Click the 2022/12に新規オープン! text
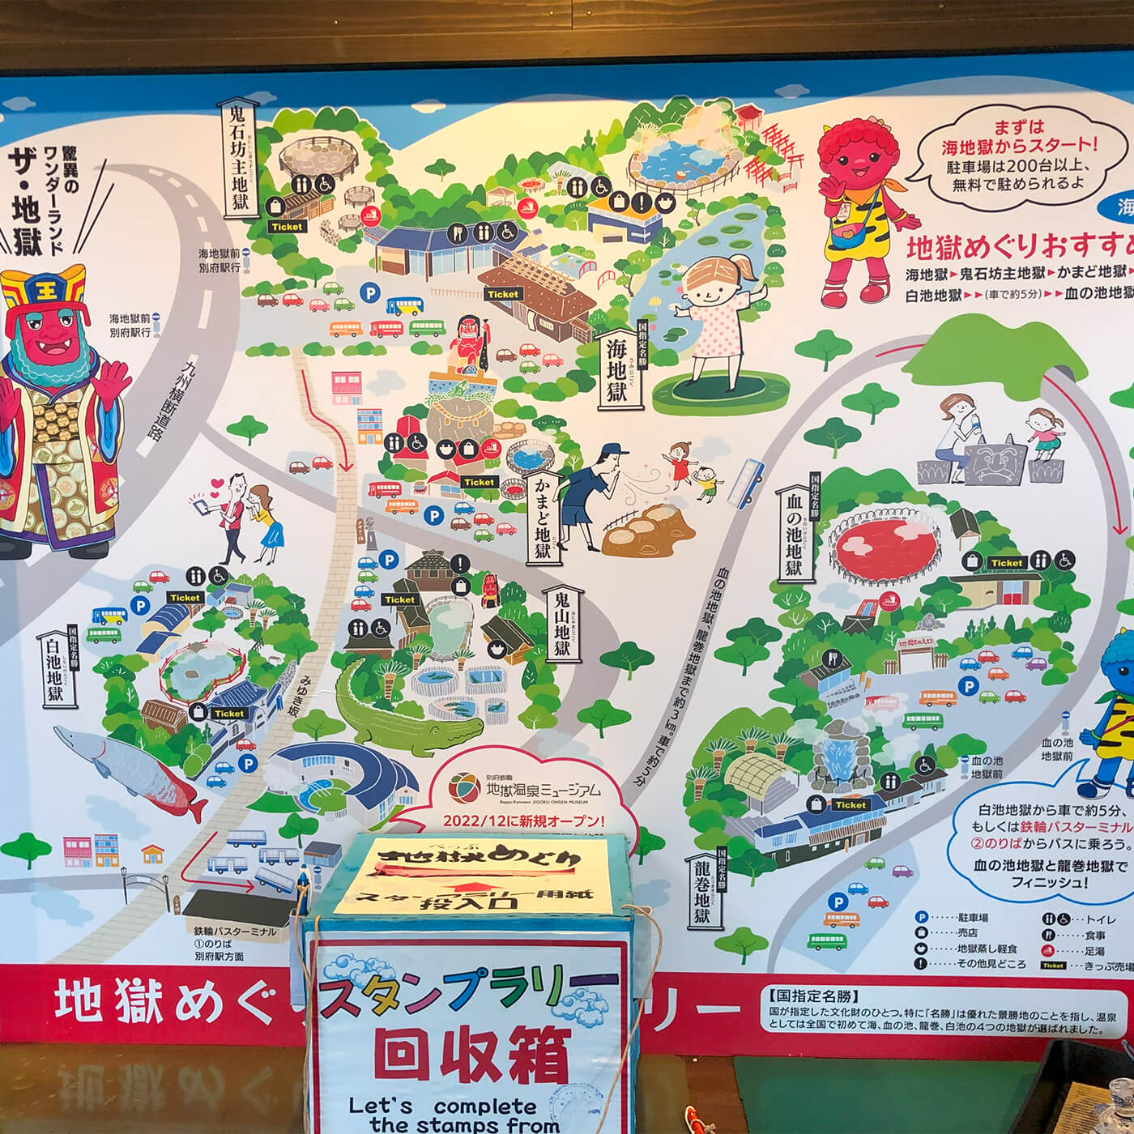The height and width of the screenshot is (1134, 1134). tap(524, 820)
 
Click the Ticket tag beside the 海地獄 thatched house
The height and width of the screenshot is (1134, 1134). tap(503, 294)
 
